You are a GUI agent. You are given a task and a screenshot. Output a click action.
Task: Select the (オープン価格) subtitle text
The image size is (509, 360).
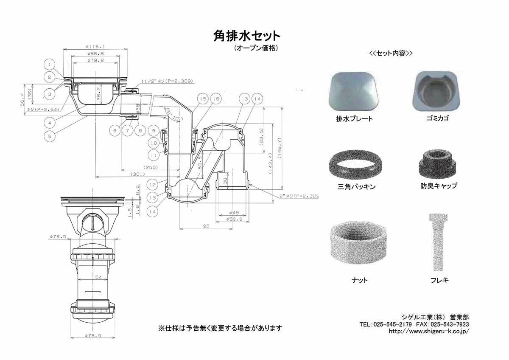(256, 48)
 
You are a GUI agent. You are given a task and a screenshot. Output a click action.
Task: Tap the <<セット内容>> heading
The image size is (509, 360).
(391, 53)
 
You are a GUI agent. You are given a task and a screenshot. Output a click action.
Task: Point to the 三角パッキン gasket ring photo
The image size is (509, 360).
(354, 164)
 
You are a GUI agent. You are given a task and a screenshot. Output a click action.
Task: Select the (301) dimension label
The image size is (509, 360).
(137, 174)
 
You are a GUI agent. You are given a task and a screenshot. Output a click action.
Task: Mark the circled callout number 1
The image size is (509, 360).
(50, 65)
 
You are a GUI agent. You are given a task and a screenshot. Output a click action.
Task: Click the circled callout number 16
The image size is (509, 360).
(215, 99)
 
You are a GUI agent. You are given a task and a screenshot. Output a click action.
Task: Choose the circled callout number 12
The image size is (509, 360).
(153, 185)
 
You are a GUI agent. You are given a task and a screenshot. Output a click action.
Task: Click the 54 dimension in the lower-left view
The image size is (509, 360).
(98, 277)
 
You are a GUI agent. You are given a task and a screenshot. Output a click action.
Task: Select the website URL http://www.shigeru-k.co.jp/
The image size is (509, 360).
(429, 331)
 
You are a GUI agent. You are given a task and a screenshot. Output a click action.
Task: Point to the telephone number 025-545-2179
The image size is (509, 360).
(394, 324)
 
